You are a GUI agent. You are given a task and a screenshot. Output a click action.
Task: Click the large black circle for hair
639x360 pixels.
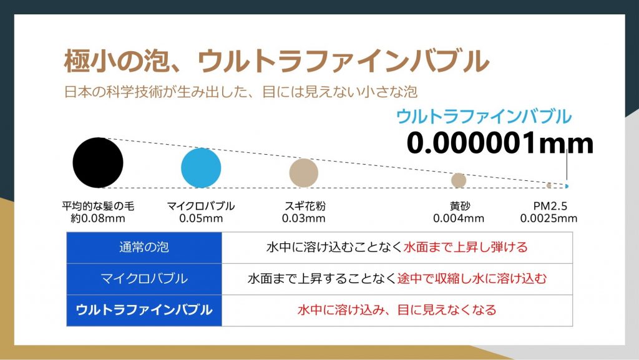98,162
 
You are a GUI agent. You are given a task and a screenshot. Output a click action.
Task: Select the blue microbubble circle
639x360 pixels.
201,168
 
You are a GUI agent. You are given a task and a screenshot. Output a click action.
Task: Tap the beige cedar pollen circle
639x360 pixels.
304,173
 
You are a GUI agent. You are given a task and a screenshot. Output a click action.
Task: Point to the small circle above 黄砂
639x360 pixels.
459,180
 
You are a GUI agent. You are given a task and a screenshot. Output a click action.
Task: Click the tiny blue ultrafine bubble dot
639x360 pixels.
567,186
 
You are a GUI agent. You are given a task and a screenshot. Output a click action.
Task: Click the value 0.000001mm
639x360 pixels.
500,143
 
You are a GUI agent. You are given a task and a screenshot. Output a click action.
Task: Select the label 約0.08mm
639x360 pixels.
98,218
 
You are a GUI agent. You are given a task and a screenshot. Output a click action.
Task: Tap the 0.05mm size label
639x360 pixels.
201,218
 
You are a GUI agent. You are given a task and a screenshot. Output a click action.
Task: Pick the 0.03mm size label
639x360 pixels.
304,218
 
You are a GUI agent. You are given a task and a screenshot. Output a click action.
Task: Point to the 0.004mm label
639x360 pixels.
459,218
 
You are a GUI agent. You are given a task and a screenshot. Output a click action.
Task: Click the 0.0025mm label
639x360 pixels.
549,218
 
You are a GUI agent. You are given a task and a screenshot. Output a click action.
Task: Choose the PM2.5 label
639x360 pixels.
550,206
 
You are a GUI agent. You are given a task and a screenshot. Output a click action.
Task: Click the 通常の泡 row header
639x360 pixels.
144,247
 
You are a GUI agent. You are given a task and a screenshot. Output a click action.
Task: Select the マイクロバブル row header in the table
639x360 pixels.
144,278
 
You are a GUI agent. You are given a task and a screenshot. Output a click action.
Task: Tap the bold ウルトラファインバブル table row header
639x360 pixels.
144,310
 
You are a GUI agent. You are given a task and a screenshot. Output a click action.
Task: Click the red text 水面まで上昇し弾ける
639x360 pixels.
466,247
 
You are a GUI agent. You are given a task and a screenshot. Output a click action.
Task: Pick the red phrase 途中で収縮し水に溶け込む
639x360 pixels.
472,278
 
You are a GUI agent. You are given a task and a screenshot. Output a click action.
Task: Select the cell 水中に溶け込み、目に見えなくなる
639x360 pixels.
397,310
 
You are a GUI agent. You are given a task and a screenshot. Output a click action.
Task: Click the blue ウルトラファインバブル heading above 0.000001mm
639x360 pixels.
484,117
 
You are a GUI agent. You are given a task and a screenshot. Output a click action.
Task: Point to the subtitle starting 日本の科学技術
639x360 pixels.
241,92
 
